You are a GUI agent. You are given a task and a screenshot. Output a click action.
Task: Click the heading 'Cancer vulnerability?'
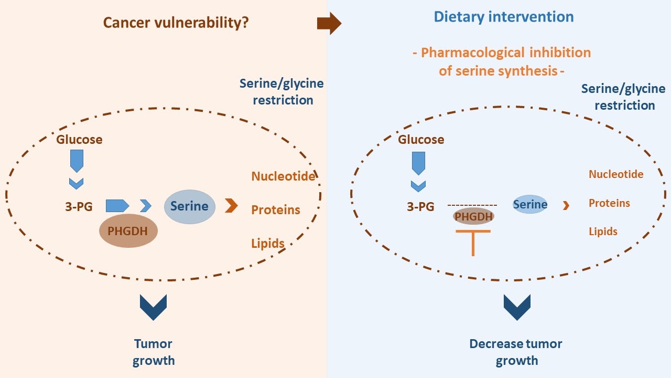point(176,23)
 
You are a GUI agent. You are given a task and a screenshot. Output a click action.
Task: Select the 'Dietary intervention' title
point(503,17)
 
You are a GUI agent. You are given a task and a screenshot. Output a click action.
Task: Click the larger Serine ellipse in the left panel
point(189,206)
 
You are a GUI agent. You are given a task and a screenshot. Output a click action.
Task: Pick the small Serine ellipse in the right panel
point(530,205)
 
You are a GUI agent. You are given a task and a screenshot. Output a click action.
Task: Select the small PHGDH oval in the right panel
point(473,216)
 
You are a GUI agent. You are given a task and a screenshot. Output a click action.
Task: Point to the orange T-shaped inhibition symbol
point(473,241)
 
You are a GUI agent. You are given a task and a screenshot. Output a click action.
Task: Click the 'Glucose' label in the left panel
point(79,140)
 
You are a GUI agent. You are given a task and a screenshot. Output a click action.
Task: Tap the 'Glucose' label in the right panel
point(421,140)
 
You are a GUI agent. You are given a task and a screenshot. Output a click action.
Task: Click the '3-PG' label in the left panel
point(79,206)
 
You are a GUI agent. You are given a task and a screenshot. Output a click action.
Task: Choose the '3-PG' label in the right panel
point(420,206)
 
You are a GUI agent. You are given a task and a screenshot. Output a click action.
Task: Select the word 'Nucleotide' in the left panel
point(283,176)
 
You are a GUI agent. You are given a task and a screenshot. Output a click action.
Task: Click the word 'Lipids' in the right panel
point(603,232)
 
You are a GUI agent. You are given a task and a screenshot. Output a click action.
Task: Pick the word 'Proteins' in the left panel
point(276,210)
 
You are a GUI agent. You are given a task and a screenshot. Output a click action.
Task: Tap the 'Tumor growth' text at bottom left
point(153,352)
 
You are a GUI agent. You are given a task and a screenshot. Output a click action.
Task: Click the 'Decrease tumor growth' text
point(516,352)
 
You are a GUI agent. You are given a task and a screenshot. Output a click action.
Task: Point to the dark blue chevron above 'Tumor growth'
point(153,307)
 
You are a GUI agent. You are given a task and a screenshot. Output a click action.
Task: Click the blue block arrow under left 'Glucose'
point(77,161)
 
